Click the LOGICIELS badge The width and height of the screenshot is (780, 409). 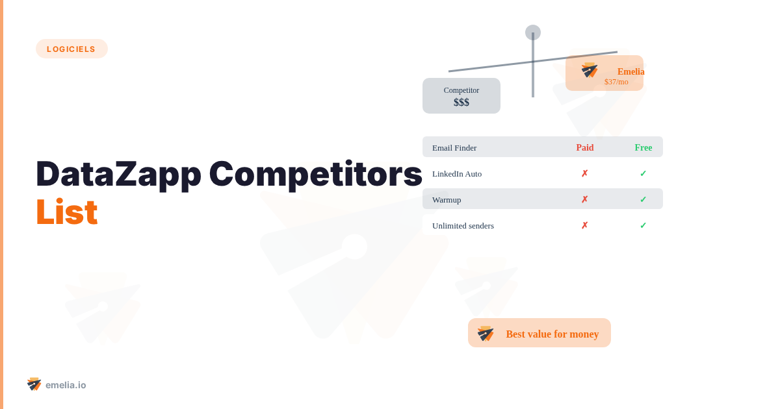click(x=71, y=49)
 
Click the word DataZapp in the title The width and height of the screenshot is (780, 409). click(x=119, y=175)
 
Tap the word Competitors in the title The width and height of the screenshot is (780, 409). click(x=315, y=174)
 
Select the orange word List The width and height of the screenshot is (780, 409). click(x=67, y=212)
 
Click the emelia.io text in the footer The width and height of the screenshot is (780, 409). click(x=66, y=385)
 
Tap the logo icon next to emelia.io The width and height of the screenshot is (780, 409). click(x=34, y=384)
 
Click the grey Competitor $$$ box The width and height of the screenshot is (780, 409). click(x=461, y=95)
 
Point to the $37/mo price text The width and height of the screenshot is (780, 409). click(x=616, y=82)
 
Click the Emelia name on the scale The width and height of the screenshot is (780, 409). click(x=630, y=71)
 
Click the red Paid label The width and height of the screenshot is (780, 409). click(x=585, y=147)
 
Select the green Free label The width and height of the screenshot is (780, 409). click(x=643, y=147)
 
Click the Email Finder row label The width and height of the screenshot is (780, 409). click(x=454, y=148)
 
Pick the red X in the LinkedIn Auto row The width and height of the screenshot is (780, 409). click(x=584, y=173)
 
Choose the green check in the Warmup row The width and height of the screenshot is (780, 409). click(x=643, y=199)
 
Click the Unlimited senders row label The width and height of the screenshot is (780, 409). click(x=463, y=226)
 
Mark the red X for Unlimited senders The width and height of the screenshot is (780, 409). click(x=584, y=225)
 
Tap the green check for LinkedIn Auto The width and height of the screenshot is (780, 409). click(x=643, y=173)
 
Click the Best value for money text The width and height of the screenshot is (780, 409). click(x=552, y=334)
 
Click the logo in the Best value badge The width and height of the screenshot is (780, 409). click(x=486, y=334)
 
